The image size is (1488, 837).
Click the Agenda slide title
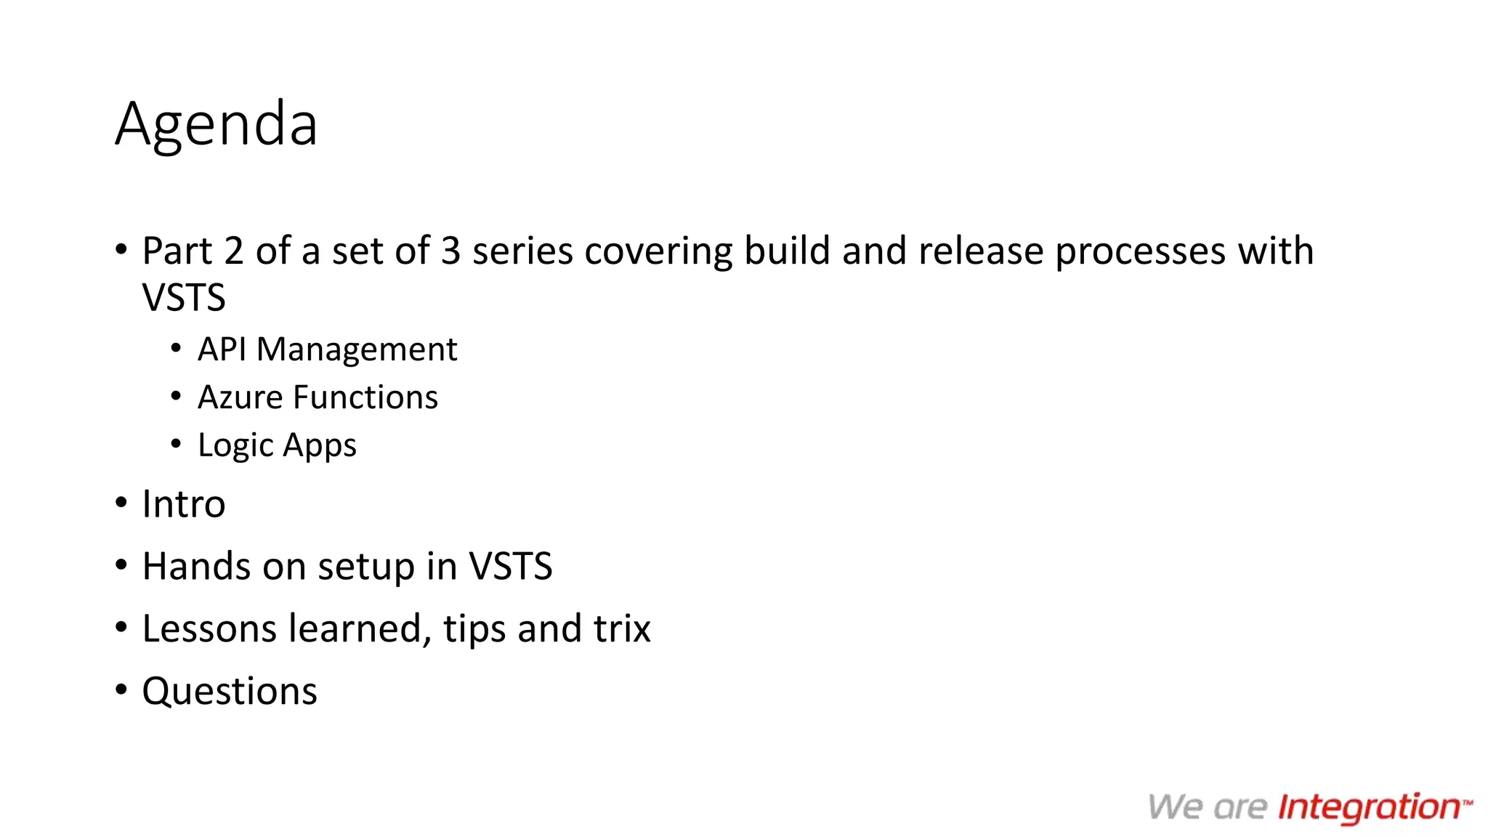click(216, 124)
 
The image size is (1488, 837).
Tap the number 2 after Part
click(233, 251)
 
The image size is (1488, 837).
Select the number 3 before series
click(450, 251)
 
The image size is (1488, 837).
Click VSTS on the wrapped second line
click(184, 298)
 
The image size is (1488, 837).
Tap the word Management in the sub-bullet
click(357, 350)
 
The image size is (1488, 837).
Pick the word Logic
click(235, 445)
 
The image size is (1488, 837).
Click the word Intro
click(184, 504)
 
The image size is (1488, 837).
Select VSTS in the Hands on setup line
click(510, 567)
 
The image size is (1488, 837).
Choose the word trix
click(622, 629)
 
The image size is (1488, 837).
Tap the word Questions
click(230, 692)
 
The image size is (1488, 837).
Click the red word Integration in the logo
click(1369, 808)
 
